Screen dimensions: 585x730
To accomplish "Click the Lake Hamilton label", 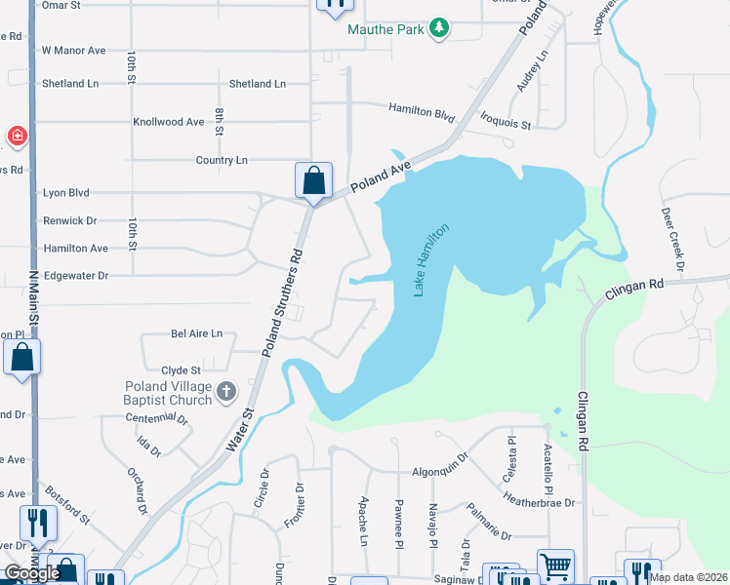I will [x=430, y=260].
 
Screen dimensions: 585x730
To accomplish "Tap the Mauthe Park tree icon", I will [x=440, y=28].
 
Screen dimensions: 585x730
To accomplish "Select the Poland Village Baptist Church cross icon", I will [x=225, y=392].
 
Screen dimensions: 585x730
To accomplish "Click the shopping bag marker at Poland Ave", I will [x=313, y=181].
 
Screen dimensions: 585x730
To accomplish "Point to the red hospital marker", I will [x=16, y=136].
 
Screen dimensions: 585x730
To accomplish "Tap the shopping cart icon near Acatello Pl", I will [x=555, y=566].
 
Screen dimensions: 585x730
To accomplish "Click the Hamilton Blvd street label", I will [x=422, y=110].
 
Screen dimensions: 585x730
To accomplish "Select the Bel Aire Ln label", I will [x=196, y=333].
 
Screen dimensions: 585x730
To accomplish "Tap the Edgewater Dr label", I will [x=75, y=276].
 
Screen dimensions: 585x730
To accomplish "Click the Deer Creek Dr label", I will [x=675, y=239].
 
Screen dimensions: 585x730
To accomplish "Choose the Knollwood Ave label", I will [x=168, y=122].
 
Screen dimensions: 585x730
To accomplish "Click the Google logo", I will [x=31, y=573].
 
